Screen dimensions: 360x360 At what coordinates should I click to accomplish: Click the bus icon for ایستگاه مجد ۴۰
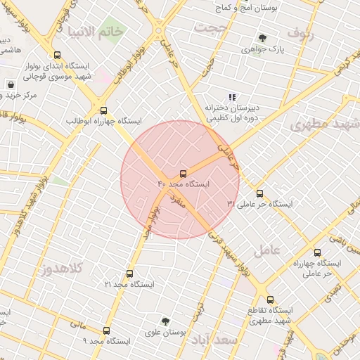[x=184, y=173]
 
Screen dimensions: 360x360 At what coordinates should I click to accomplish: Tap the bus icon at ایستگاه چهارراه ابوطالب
[x=104, y=110]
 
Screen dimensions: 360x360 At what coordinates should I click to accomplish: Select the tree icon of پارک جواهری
[x=262, y=38]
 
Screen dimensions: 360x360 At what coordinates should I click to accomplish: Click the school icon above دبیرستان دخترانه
[x=232, y=97]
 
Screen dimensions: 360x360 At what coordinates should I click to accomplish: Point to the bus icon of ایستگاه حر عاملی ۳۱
[x=259, y=193]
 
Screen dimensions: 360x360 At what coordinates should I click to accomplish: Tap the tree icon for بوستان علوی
[x=167, y=321]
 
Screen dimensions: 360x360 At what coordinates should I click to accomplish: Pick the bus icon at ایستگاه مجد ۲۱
[x=129, y=274]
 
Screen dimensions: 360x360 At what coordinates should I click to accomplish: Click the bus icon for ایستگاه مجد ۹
[x=107, y=330]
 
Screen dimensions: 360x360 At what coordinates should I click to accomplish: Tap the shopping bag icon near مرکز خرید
[x=11, y=84]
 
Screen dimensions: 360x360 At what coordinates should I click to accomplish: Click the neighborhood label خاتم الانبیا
[x=96, y=31]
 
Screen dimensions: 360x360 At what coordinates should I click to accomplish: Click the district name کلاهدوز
[x=61, y=269]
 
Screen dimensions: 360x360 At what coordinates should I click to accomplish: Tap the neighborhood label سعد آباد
[x=219, y=340]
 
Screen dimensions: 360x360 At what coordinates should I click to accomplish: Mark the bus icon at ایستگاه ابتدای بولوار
[x=57, y=56]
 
